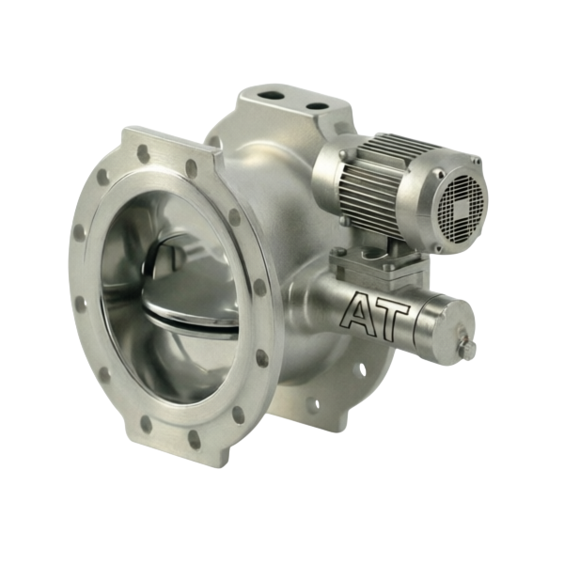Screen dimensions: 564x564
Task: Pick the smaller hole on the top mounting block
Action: tap(318, 107)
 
